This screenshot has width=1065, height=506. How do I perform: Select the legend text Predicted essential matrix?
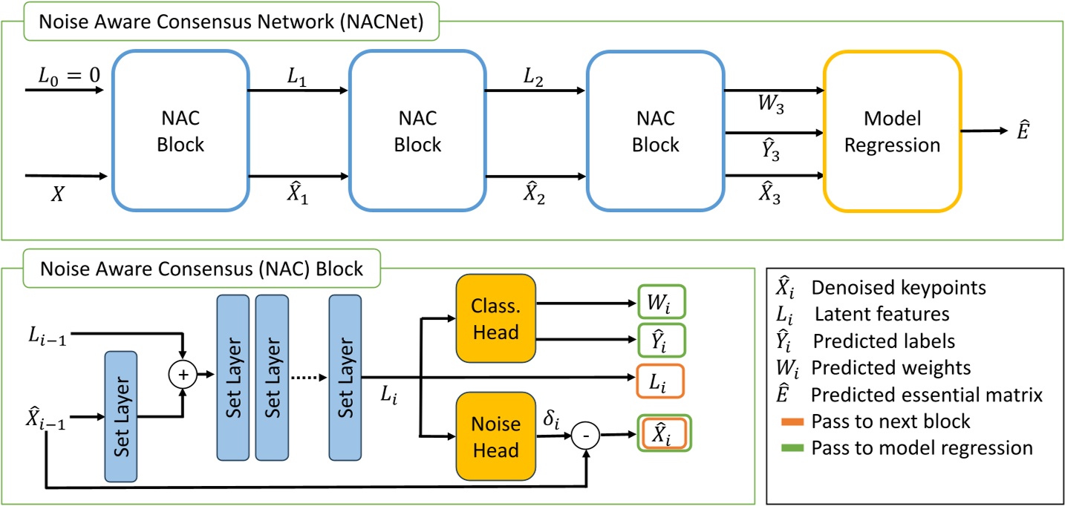click(928, 395)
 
